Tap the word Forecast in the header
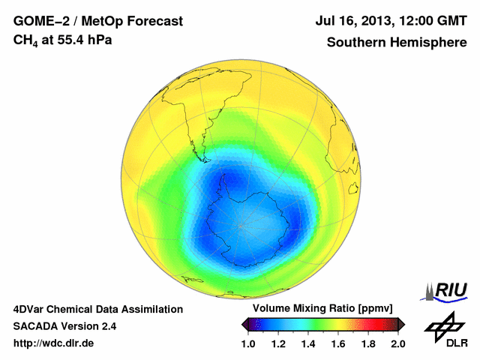pos(153,22)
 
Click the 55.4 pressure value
pos(73,39)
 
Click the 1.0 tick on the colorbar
pos(248,344)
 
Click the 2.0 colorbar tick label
pos(397,344)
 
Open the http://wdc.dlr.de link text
pos(54,344)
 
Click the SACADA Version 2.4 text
pos(64,327)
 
